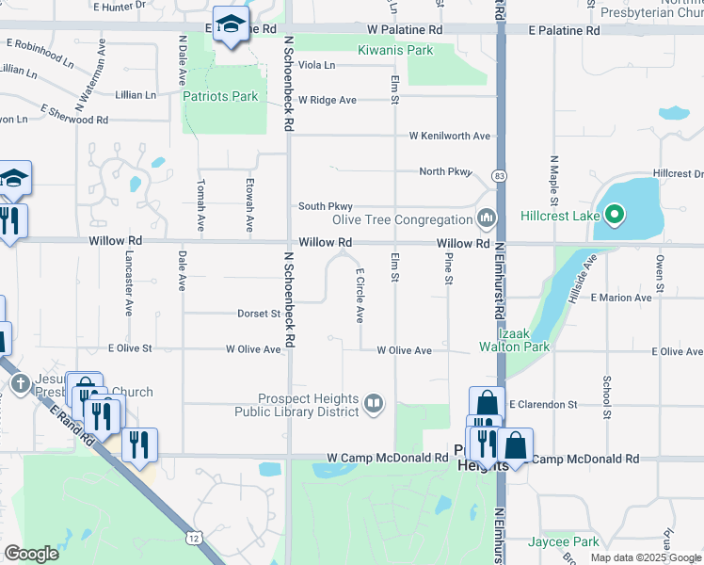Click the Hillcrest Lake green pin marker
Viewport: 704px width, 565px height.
coord(615,216)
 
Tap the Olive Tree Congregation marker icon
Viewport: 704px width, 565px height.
coord(487,219)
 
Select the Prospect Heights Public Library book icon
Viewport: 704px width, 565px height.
coord(374,404)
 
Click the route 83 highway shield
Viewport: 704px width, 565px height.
coord(498,176)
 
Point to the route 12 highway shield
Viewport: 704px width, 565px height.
coord(193,537)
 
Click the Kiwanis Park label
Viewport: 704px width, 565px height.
coord(394,49)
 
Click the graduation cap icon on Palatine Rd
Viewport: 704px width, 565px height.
coord(229,24)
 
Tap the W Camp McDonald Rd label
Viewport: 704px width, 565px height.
coord(388,458)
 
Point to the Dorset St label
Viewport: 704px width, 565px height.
coord(258,314)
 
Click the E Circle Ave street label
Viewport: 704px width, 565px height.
coord(360,295)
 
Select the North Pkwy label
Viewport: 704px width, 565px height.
coord(444,171)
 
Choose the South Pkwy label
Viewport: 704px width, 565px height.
coord(326,206)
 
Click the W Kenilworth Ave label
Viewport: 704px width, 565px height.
coord(450,136)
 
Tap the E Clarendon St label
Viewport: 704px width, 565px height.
coord(543,404)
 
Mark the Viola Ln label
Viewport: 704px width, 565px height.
coord(316,65)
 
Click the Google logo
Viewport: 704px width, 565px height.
coord(32,553)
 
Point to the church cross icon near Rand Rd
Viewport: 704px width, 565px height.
coord(21,383)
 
